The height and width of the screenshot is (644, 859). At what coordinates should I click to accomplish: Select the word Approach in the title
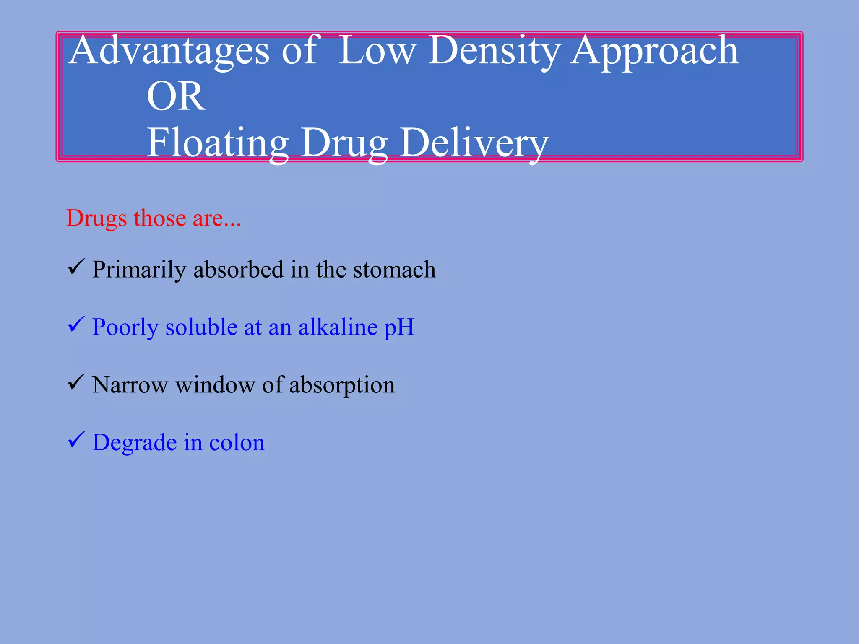click(654, 51)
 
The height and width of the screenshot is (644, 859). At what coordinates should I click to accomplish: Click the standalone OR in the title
click(176, 96)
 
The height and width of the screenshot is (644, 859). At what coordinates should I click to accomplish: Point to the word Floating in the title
click(217, 143)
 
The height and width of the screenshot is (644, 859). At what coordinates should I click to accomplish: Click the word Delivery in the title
click(474, 143)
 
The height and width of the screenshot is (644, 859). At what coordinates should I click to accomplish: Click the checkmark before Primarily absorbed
click(76, 267)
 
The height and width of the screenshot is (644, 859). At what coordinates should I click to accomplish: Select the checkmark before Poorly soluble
click(76, 325)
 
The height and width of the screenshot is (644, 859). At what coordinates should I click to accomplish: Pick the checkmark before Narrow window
click(76, 382)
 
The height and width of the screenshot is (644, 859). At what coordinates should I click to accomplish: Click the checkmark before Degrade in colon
click(76, 440)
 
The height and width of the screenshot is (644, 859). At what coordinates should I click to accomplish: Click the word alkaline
click(338, 327)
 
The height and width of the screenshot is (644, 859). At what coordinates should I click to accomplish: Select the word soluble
click(201, 327)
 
